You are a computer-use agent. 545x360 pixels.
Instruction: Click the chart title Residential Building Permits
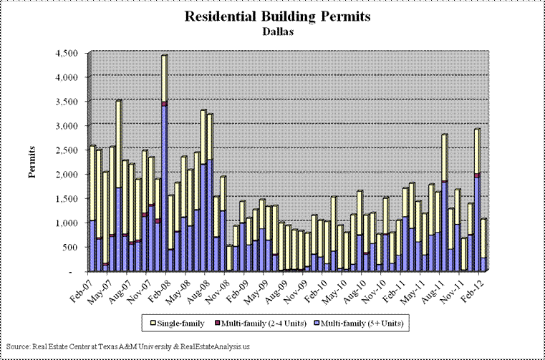tap(277, 16)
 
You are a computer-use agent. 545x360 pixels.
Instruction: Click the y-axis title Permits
tap(32, 162)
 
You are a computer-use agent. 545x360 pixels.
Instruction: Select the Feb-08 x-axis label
tap(155, 286)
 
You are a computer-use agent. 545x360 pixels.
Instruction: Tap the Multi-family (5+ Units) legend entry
tap(359, 323)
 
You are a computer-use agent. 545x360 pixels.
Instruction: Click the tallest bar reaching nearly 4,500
tap(165, 162)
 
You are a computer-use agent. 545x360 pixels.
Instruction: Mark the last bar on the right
tap(483, 245)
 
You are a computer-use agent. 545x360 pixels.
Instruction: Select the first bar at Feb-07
tap(92, 208)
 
